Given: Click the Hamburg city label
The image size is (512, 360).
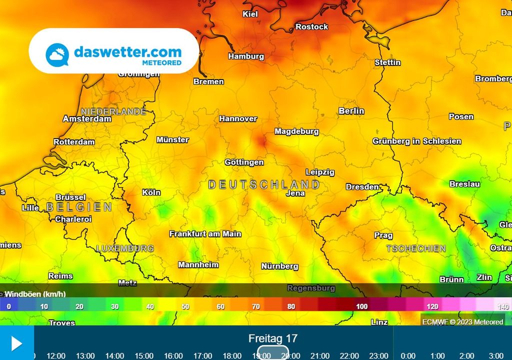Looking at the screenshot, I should pyautogui.click(x=246, y=56).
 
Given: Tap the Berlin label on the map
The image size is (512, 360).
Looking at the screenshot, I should pyautogui.click(x=351, y=111).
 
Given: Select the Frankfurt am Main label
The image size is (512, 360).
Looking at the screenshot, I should pyautogui.click(x=205, y=234).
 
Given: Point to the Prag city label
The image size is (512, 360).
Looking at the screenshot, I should pyautogui.click(x=383, y=235).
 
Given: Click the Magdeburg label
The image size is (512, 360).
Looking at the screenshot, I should pyautogui.click(x=296, y=131).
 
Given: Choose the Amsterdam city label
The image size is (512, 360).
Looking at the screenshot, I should pyautogui.click(x=87, y=119).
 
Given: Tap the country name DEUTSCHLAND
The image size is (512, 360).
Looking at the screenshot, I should pyautogui.click(x=264, y=184).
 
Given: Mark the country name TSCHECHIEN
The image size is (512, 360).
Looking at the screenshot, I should pyautogui.click(x=416, y=248).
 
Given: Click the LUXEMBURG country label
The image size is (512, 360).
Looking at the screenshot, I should pyautogui.click(x=125, y=248).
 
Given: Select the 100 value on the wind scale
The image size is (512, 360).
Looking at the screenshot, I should pyautogui.click(x=361, y=306).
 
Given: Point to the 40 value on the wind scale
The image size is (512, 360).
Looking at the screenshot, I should pyautogui.click(x=150, y=306).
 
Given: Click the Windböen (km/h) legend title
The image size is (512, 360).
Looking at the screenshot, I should pyautogui.click(x=35, y=294).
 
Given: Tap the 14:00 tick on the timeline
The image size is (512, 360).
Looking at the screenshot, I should pyautogui.click(x=114, y=355).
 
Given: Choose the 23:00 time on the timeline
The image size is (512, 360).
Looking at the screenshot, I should pyautogui.click(x=378, y=355).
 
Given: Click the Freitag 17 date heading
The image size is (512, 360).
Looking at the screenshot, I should pyautogui.click(x=273, y=338).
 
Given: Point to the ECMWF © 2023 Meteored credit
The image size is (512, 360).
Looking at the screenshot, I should pyautogui.click(x=462, y=322).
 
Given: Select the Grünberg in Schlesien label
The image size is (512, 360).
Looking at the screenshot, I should pyautogui.click(x=416, y=141).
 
